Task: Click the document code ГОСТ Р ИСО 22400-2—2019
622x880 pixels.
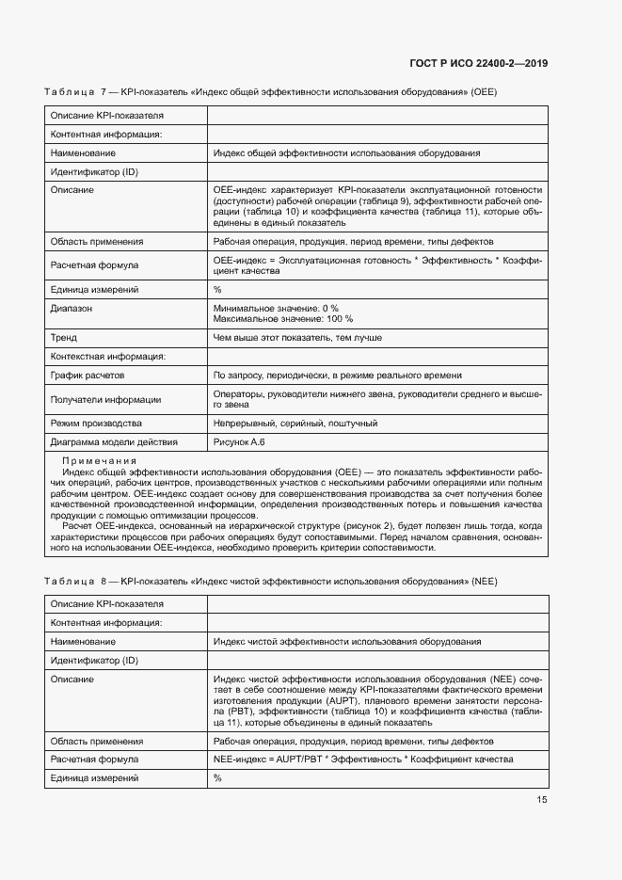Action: tap(478, 63)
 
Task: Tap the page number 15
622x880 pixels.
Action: tap(541, 800)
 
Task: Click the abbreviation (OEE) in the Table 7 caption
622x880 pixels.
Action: tap(484, 92)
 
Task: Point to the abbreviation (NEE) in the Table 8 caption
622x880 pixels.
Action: tap(484, 581)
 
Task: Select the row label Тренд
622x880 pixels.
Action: tap(64, 337)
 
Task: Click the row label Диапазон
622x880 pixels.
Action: tap(72, 308)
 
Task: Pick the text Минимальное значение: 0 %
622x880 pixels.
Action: tap(276, 308)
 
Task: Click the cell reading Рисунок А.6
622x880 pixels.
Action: tap(240, 441)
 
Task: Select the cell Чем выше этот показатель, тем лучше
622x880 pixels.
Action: tap(297, 337)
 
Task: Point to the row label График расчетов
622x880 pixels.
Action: tap(88, 375)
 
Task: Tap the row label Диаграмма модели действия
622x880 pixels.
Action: tap(113, 441)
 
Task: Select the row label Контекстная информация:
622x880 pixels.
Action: tap(107, 356)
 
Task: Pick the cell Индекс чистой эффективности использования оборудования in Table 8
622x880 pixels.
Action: tap(347, 641)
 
